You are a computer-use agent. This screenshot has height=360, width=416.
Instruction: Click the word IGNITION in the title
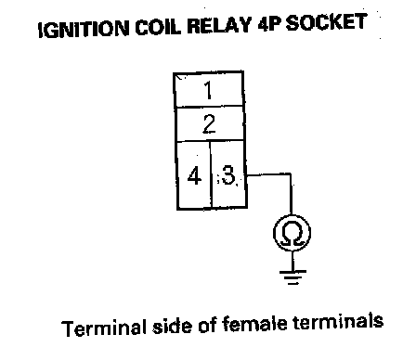tap(83, 29)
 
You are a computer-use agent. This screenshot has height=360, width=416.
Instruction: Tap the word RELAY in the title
tap(219, 24)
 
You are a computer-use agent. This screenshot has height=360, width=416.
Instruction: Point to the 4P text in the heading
tap(268, 23)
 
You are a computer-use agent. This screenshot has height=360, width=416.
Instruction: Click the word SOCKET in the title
tap(326, 22)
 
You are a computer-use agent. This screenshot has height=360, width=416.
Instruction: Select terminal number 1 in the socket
tap(209, 90)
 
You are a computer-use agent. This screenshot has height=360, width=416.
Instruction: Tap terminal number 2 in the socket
tap(209, 124)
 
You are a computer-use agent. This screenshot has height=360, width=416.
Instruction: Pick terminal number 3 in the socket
tap(228, 175)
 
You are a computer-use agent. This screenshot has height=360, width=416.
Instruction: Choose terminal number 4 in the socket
tap(194, 175)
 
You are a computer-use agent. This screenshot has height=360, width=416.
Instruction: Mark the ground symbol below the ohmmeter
tap(292, 277)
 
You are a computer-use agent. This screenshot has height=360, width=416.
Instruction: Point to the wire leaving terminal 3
tap(291, 175)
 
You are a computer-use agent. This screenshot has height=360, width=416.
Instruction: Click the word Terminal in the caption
tap(103, 328)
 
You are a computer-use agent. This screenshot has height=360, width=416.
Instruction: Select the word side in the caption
tap(173, 326)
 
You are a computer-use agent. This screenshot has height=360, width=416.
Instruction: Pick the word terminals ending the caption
tap(338, 322)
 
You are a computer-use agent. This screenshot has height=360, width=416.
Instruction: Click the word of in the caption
tap(208, 325)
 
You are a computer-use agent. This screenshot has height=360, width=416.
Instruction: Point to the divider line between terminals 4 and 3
tap(211, 174)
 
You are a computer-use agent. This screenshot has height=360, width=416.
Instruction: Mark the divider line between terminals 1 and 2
tap(209, 107)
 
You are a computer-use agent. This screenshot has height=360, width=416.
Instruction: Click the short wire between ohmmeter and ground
tap(292, 261)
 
